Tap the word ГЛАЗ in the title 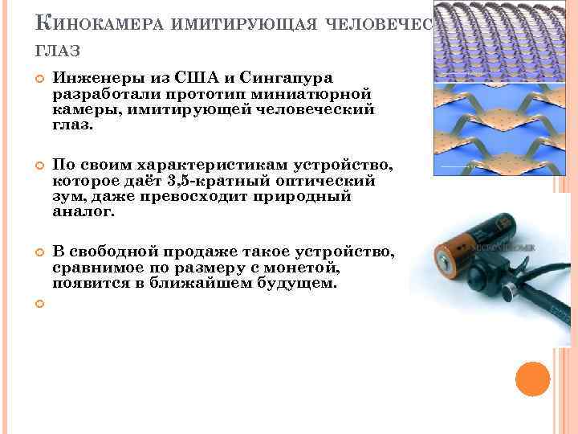[57, 51]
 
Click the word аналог [83, 212]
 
